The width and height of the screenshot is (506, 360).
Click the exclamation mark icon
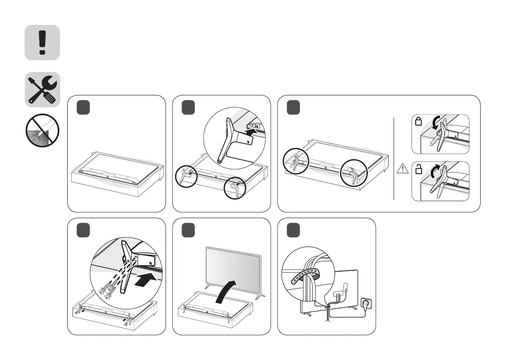pyautogui.click(x=42, y=42)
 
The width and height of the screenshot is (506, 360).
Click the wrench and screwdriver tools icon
pyautogui.click(x=42, y=90)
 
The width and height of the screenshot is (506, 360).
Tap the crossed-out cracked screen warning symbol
pyautogui.click(x=41, y=131)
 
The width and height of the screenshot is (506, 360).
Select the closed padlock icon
pyautogui.click(x=419, y=122)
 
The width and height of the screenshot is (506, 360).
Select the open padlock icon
pyautogui.click(x=419, y=169)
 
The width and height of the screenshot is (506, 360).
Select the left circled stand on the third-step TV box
pyautogui.click(x=297, y=162)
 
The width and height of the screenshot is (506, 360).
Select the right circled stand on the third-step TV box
pyautogui.click(x=353, y=174)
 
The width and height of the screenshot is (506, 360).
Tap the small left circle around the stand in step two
pyautogui.click(x=184, y=176)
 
